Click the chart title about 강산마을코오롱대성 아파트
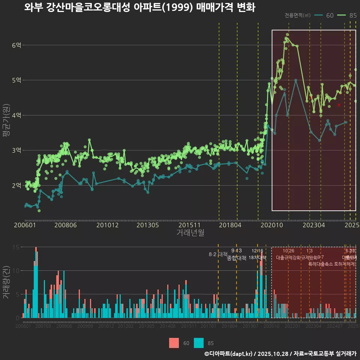[139, 8]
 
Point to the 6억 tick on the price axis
[16, 45]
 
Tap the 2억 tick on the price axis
[16, 185]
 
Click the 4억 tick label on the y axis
[16, 115]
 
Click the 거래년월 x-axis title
[190, 232]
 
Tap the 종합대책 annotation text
[237, 258]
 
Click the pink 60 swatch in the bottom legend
[174, 343]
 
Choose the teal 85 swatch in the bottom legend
[199, 343]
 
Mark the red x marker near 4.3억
[339, 105]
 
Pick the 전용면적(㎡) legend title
[297, 15]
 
